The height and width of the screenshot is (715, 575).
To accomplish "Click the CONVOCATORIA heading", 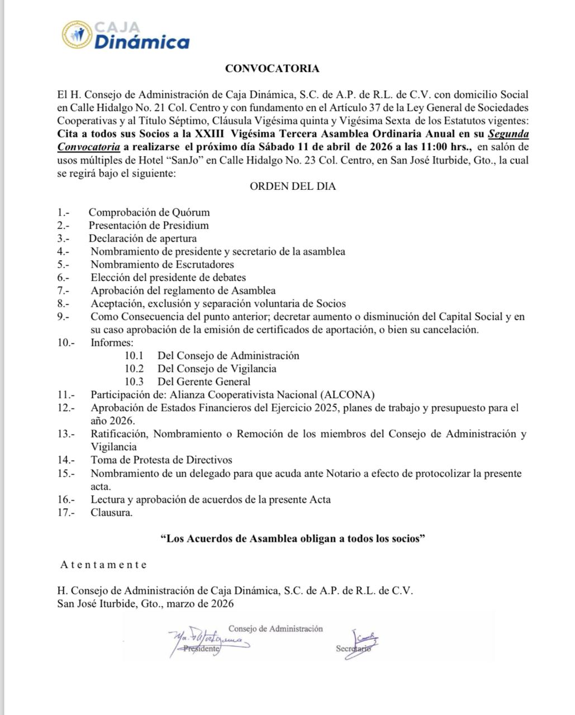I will tap(272, 69).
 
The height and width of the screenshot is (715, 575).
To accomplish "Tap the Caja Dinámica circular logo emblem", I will tap(77, 35).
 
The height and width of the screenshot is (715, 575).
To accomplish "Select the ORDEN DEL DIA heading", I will tap(292, 187).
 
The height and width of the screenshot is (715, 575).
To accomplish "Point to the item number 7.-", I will tap(63, 290).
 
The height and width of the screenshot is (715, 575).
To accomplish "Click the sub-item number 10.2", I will tap(134, 369).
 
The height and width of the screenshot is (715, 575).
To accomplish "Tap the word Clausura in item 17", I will tap(112, 512).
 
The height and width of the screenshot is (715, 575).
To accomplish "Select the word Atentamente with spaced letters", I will tap(103, 564).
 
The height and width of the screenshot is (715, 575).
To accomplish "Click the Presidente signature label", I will tap(201, 649).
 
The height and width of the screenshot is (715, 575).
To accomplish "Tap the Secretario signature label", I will tap(353, 649).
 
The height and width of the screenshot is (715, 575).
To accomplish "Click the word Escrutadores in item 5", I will tap(206, 265).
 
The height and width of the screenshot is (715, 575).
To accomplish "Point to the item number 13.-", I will tap(65, 434).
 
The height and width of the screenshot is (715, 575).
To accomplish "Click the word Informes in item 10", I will tap(112, 342).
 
